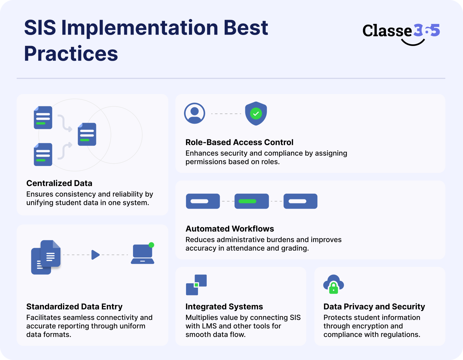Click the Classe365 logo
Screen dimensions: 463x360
click(x=401, y=33)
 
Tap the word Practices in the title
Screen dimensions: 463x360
click(x=71, y=53)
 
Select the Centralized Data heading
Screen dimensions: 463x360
click(x=59, y=183)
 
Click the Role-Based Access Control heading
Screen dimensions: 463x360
click(x=239, y=142)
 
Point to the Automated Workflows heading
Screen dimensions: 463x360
click(x=230, y=229)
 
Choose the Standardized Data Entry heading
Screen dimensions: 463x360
click(x=74, y=307)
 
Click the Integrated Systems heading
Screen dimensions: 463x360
click(x=224, y=307)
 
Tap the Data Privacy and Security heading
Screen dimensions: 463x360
click(x=374, y=307)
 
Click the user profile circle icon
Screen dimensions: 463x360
click(x=195, y=113)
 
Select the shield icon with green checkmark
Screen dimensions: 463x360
click(x=256, y=113)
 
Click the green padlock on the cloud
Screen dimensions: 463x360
click(x=333, y=288)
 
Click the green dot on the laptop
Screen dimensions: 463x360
click(x=151, y=245)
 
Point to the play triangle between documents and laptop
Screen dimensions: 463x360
click(x=95, y=255)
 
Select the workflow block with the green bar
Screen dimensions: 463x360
click(x=252, y=201)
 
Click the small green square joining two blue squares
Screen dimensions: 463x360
click(x=196, y=285)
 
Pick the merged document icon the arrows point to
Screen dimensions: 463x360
click(x=87, y=134)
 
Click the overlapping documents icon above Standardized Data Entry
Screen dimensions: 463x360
click(x=46, y=257)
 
